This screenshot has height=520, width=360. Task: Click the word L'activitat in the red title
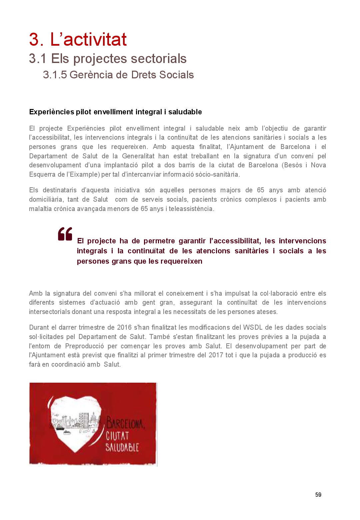point(88,40)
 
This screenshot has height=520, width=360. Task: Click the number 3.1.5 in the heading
point(55,75)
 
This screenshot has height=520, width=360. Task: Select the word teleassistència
point(191,209)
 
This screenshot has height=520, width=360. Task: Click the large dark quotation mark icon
point(65,234)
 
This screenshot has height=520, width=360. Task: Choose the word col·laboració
point(279,293)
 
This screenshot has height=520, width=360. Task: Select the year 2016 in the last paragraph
point(124,327)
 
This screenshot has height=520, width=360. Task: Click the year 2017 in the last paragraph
point(216,355)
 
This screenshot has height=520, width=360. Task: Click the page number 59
point(318,495)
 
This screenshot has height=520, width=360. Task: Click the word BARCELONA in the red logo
point(125,423)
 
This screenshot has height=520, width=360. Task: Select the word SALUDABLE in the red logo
point(122,447)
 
